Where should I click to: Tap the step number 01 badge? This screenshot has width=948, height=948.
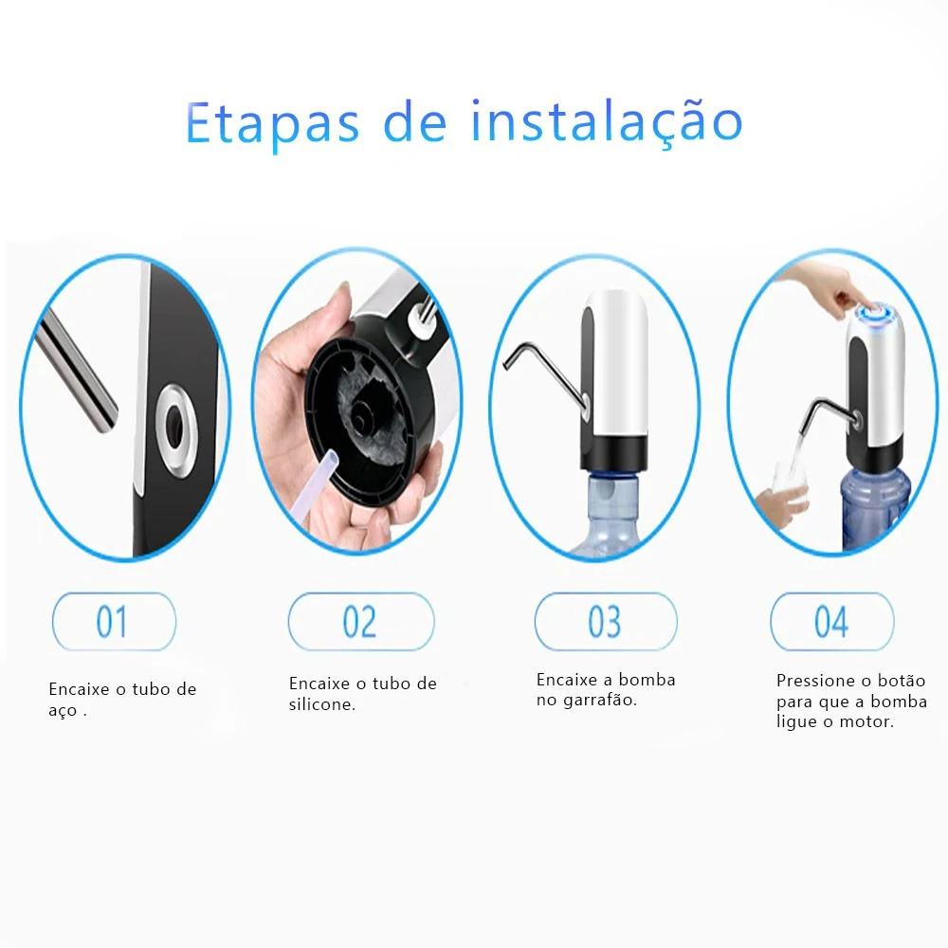pos(113,622)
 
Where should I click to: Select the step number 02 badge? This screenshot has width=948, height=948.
pos(360,622)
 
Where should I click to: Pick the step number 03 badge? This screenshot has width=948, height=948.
pos(605,622)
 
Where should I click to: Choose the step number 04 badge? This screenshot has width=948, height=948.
pos(831,622)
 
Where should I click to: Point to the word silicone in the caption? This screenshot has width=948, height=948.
pos(322,704)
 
